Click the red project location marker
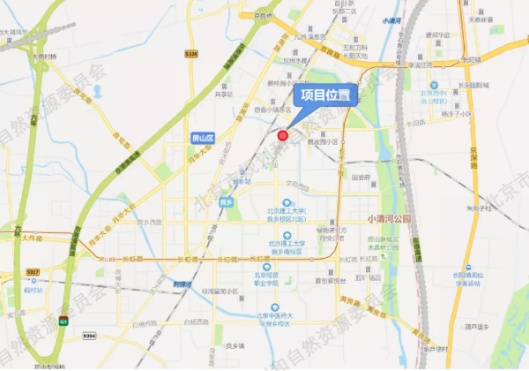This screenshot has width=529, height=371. [283, 135]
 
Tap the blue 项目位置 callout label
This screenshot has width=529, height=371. [324, 95]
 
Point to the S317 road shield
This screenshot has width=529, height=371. [34, 271]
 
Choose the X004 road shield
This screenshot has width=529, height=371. [88, 336]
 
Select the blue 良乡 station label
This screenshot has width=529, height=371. [227, 202]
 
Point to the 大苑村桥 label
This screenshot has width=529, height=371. [44, 57]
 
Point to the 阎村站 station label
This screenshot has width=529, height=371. [34, 288]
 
